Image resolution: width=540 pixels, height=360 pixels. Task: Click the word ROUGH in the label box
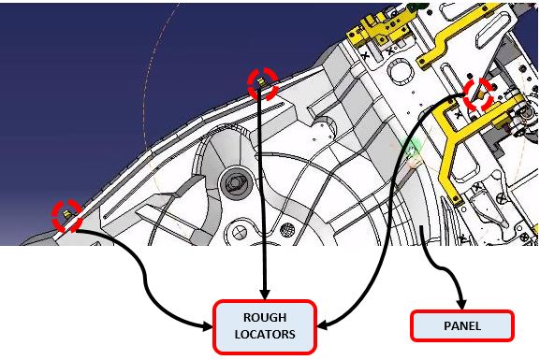tap(265, 317)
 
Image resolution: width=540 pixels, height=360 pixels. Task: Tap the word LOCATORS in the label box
tap(265, 334)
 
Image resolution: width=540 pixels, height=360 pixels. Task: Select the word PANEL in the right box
tap(462, 325)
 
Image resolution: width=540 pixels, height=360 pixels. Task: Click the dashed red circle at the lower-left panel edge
tap(66, 215)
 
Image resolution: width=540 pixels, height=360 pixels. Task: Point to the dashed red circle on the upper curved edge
tap(263, 83)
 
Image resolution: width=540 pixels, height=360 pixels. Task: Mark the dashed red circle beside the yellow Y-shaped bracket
tap(478, 94)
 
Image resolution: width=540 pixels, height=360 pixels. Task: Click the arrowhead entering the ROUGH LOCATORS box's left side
tap(208, 326)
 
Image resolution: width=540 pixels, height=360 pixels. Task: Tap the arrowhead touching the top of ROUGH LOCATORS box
tap(265, 295)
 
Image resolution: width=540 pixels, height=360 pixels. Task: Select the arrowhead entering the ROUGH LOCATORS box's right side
tap(322, 324)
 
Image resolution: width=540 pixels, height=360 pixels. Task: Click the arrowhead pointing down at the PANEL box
tap(461, 305)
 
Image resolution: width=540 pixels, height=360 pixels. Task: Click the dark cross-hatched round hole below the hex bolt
tap(287, 230)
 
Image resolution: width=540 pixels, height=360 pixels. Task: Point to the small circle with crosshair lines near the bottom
tap(239, 233)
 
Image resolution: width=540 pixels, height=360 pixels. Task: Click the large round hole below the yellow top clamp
tap(401, 71)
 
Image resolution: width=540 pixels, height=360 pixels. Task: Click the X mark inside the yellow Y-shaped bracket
tap(458, 115)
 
